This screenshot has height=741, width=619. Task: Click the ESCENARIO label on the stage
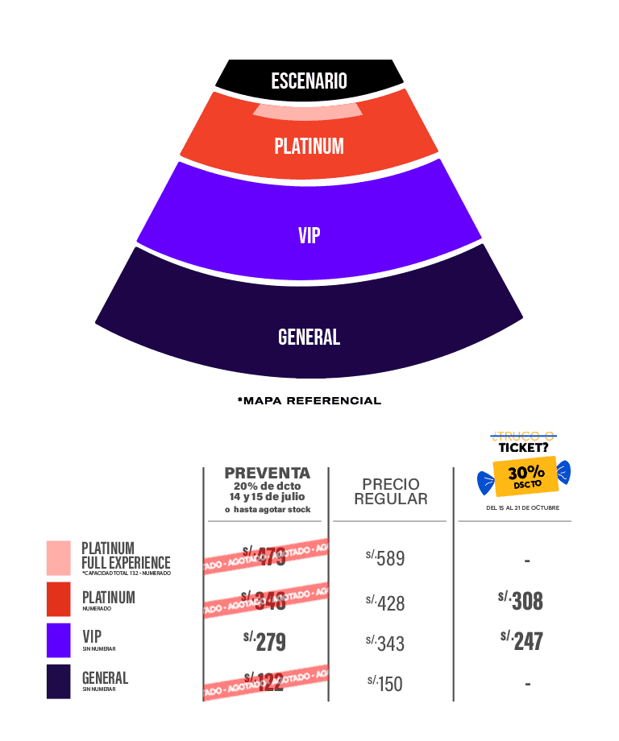(309, 81)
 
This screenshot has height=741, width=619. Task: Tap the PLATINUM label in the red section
(309, 147)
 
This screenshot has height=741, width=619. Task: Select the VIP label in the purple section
(309, 235)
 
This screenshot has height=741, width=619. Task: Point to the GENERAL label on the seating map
(309, 337)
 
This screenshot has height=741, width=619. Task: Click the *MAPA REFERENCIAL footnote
(309, 400)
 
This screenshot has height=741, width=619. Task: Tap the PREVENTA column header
(267, 473)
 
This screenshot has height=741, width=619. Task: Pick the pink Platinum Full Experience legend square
(59, 558)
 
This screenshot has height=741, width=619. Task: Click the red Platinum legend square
(59, 599)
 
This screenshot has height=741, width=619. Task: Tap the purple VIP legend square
(59, 640)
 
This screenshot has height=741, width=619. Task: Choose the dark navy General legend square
(59, 681)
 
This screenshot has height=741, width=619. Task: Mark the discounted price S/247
(521, 640)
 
